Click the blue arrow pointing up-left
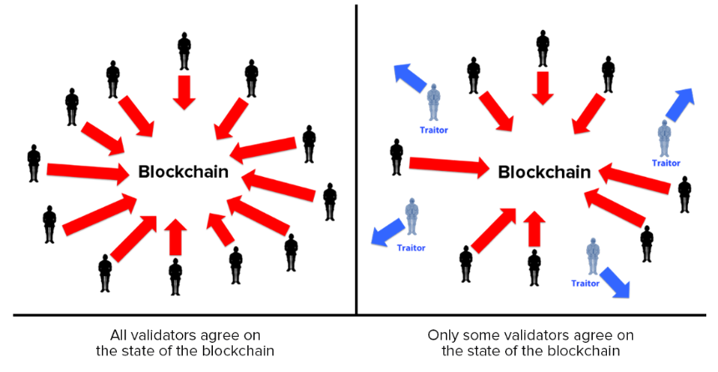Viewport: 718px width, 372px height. (x=410, y=78)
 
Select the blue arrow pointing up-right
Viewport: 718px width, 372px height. (x=680, y=105)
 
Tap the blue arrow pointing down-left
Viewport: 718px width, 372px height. (x=388, y=232)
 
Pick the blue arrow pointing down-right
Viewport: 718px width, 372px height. (x=615, y=282)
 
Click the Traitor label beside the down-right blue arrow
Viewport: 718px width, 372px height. (x=585, y=284)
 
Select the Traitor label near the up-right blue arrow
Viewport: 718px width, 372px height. (x=665, y=163)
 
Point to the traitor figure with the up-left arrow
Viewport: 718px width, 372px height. (x=433, y=102)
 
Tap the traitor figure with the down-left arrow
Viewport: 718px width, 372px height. (x=412, y=216)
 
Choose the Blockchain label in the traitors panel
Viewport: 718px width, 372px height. (x=544, y=173)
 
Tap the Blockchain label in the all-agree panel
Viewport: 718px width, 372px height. (x=183, y=172)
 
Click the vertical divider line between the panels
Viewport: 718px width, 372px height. (x=356, y=159)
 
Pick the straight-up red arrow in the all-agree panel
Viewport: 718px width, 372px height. (x=175, y=237)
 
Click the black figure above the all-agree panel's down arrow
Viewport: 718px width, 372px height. (x=184, y=51)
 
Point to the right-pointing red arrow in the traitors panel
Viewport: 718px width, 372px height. (x=449, y=166)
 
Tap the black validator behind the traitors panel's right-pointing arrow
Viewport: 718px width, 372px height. (x=397, y=157)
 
